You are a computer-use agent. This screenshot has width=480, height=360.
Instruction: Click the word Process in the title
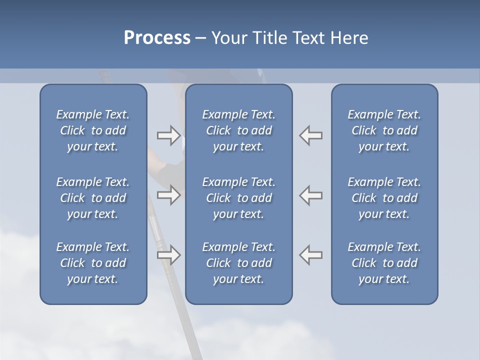157,38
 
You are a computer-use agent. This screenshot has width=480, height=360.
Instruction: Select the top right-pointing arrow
168,135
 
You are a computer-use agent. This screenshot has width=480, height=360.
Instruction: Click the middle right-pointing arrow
168,194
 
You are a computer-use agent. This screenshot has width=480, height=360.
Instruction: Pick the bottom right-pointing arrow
168,255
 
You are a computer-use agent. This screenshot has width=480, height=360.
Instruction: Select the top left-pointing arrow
311,135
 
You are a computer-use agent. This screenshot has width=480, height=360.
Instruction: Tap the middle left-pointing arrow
311,194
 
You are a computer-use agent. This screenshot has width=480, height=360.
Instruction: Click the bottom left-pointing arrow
311,255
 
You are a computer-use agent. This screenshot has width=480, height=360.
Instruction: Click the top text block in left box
93,130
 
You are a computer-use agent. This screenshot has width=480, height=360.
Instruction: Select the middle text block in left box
93,198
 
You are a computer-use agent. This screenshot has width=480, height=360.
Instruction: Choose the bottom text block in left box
93,263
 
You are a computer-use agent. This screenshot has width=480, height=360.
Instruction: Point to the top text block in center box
239,130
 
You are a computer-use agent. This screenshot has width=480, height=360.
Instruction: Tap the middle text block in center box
239,198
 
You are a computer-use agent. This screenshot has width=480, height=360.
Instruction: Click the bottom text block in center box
239,263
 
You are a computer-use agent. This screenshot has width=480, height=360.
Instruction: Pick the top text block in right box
384,130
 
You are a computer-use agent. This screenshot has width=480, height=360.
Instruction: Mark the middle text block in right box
384,198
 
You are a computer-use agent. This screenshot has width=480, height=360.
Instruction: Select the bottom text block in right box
384,263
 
